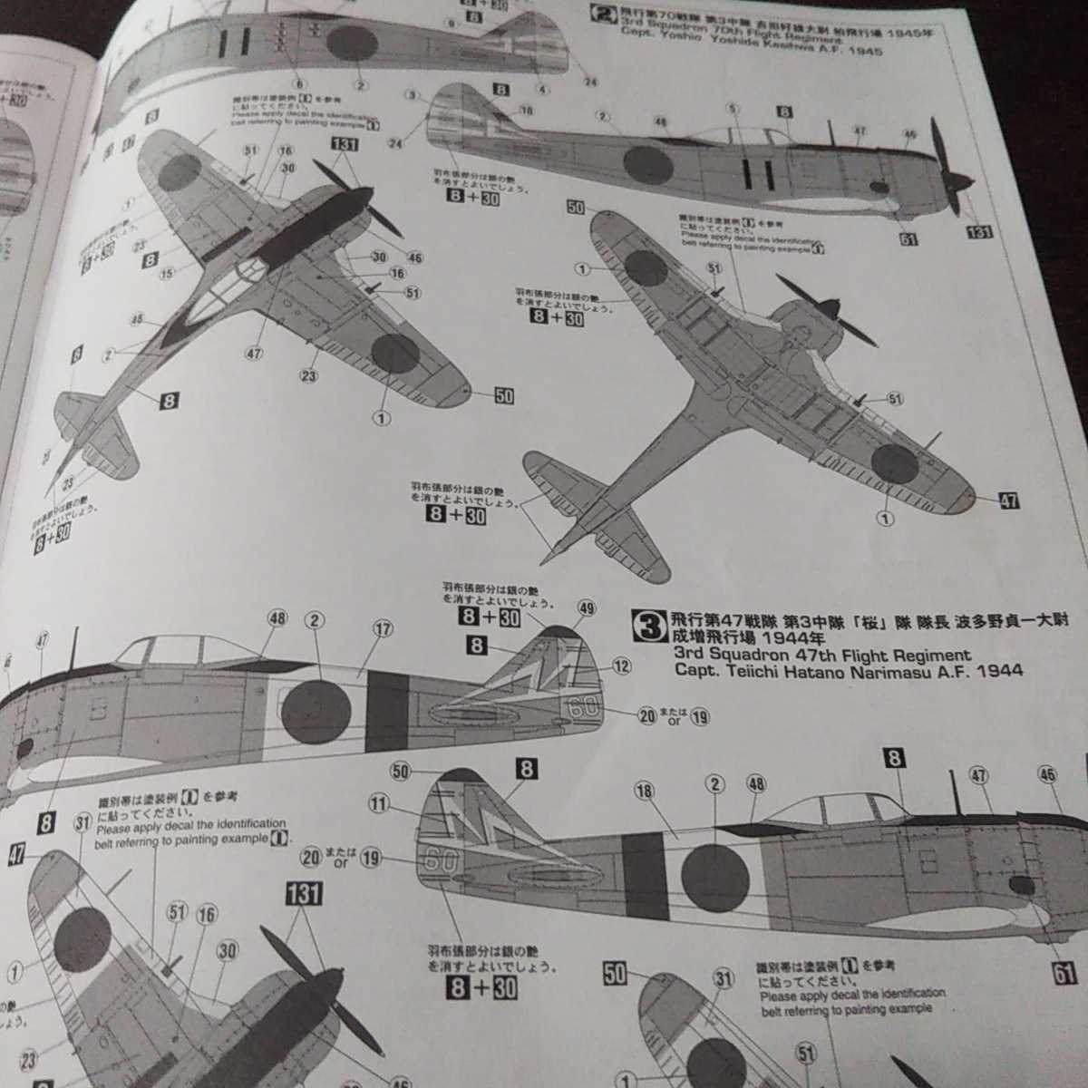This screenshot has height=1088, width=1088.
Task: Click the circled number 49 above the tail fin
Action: [x=586, y=610]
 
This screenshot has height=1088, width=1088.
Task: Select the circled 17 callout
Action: [x=383, y=628]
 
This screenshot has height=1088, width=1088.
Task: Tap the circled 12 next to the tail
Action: [x=621, y=666]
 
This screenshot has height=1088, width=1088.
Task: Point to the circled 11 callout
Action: [x=379, y=803]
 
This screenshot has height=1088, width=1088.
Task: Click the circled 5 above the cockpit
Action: [x=733, y=108]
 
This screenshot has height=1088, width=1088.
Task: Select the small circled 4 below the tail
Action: [x=542, y=89]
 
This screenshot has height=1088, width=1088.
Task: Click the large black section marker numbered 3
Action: [x=651, y=624]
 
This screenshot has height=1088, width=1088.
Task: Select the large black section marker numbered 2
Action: [x=600, y=13]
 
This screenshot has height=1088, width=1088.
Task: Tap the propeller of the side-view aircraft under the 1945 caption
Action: [x=946, y=164]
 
